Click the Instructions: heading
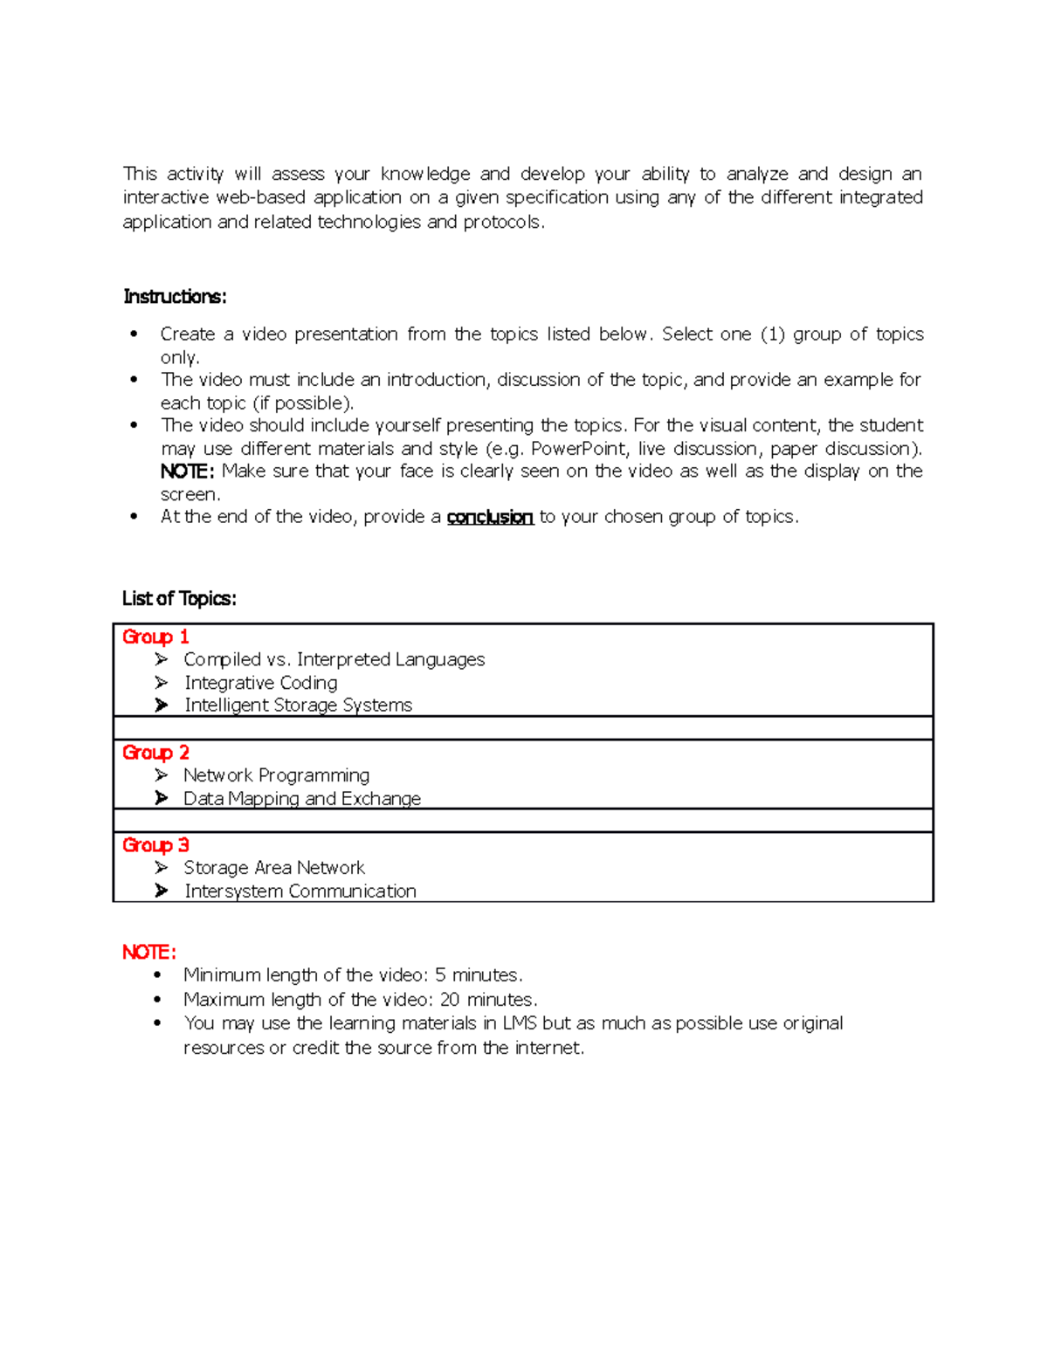tap(175, 297)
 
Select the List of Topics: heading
tap(179, 598)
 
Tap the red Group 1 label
tap(155, 637)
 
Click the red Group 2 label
tap(155, 753)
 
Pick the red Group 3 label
tap(155, 845)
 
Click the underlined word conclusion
tap(490, 517)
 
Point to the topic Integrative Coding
tap(260, 683)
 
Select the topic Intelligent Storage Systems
tap(298, 706)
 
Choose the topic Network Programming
tap(276, 775)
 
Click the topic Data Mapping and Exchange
tap(301, 799)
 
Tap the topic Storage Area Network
tap(274, 868)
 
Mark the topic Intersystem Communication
tap(300, 891)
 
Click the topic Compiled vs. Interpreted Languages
tap(334, 659)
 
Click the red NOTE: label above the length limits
tap(149, 952)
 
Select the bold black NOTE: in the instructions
tap(187, 472)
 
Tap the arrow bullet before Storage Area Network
tap(162, 868)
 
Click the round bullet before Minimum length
tap(157, 975)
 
